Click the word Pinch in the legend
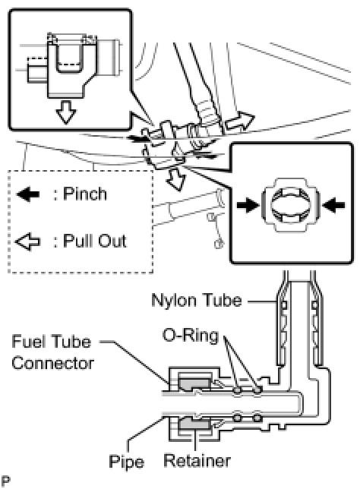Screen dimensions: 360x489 click(x=85, y=194)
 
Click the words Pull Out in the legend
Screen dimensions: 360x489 click(x=95, y=241)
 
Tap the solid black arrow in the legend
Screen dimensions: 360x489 click(x=28, y=194)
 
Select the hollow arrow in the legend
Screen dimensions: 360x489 click(x=28, y=241)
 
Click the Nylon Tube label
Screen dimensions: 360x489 click(x=197, y=300)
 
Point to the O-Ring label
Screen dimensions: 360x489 click(x=191, y=336)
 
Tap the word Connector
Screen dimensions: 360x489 click(x=52, y=363)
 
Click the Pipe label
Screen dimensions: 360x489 click(x=126, y=462)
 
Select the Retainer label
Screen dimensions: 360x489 click(x=197, y=461)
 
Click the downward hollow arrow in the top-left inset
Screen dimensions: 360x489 click(x=66, y=112)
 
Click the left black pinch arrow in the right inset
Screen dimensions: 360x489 click(x=248, y=205)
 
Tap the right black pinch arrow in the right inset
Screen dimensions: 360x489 click(x=333, y=205)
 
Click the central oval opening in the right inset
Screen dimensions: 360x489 click(x=290, y=205)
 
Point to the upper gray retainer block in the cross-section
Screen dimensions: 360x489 click(x=194, y=383)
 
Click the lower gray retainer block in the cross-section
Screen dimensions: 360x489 click(x=194, y=424)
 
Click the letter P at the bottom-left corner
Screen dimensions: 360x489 click(x=5, y=481)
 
